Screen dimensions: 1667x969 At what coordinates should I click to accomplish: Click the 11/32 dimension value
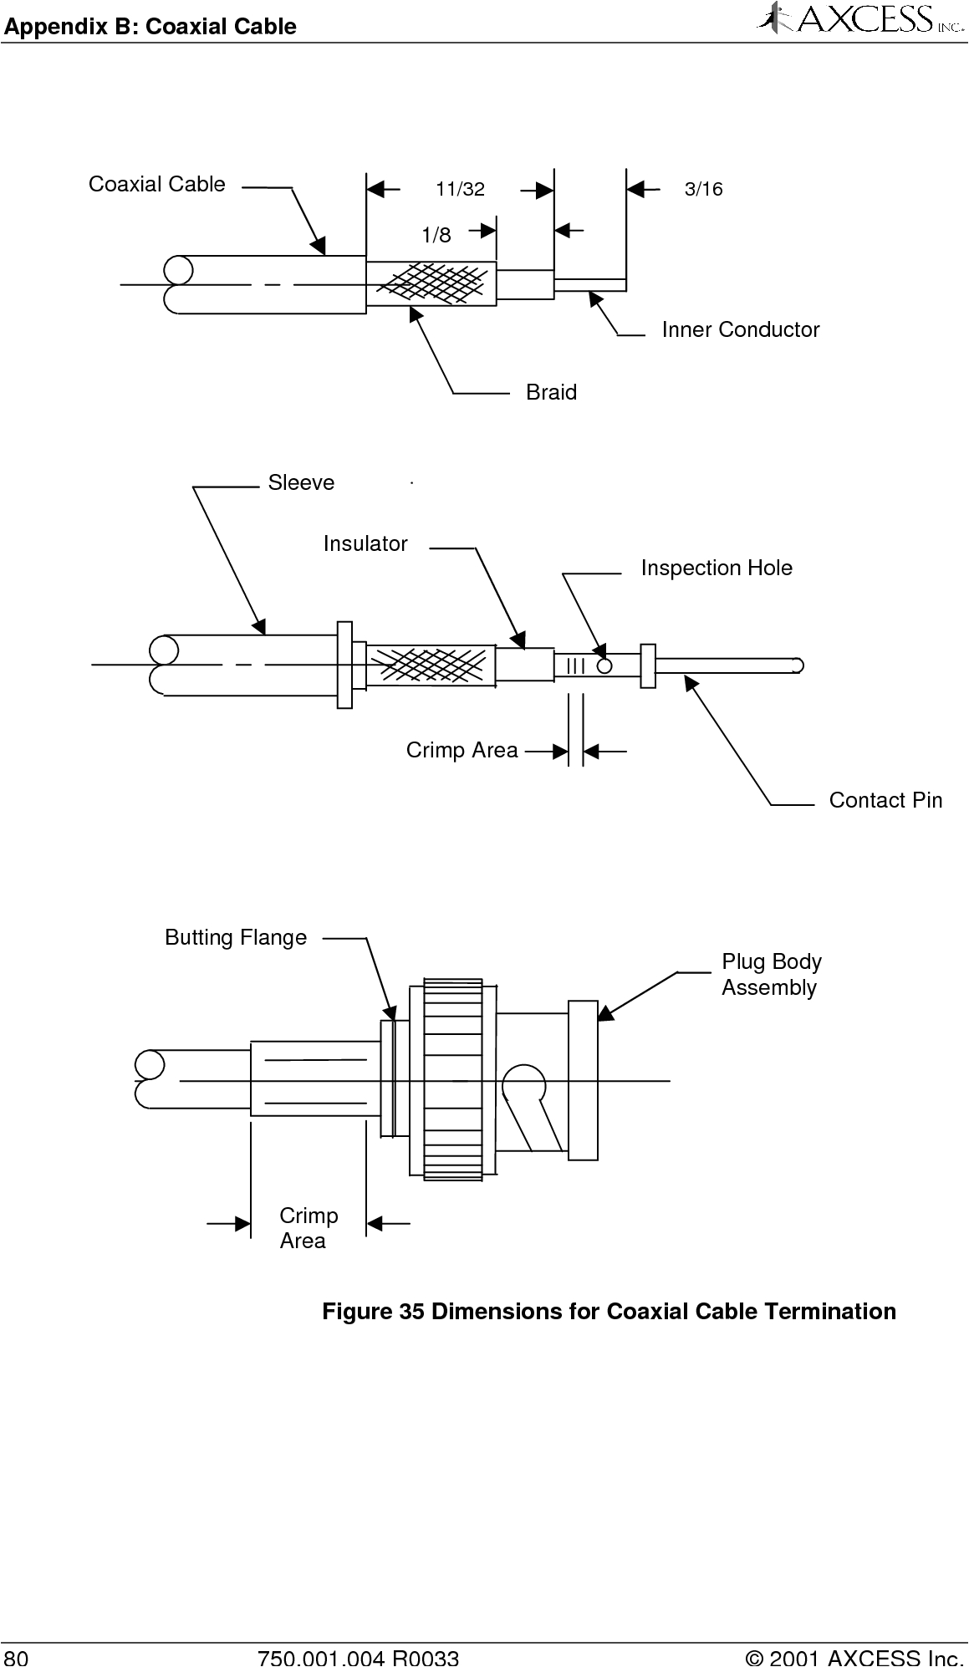(x=460, y=190)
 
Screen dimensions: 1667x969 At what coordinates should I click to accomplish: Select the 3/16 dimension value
(x=703, y=190)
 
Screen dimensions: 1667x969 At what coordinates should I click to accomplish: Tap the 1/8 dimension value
(x=436, y=236)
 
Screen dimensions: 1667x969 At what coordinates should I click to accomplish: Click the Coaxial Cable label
(x=157, y=185)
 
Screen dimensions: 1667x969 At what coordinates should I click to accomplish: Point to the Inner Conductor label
(x=740, y=330)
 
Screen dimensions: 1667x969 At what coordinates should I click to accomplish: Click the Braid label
(x=551, y=392)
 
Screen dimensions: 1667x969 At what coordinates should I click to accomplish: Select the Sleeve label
(x=301, y=483)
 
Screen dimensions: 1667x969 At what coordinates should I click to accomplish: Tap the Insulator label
(x=365, y=544)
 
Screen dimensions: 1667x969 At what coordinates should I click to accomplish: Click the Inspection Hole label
(x=717, y=568)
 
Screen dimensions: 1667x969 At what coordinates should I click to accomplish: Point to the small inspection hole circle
(x=604, y=665)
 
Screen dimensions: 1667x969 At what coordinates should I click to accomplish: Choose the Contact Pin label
(x=885, y=801)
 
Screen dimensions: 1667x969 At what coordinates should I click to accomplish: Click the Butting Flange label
(x=236, y=938)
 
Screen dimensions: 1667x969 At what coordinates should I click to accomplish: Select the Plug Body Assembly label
(x=771, y=975)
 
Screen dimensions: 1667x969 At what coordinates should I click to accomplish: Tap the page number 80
(x=16, y=1657)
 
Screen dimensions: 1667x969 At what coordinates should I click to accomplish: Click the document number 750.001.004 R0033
(x=359, y=1657)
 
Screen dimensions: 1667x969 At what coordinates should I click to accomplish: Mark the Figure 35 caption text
(x=609, y=1312)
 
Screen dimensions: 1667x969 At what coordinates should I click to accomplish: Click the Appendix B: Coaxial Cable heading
(x=150, y=27)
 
